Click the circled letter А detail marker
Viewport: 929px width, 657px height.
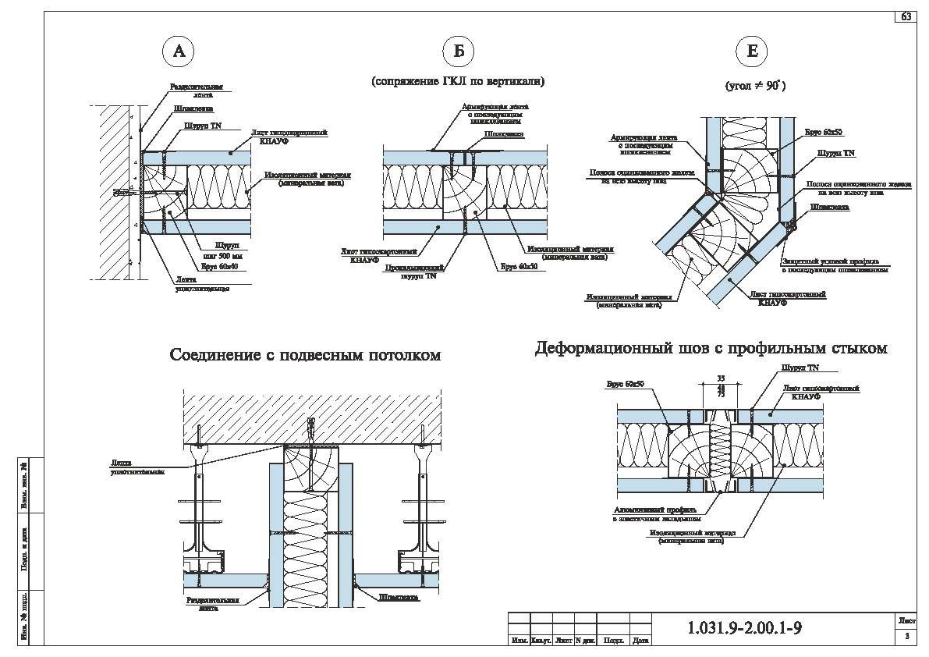click(x=179, y=51)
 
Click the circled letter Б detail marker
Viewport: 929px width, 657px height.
click(x=459, y=51)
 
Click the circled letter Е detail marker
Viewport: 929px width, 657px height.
click(x=752, y=51)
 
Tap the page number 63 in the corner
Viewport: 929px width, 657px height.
click(x=906, y=16)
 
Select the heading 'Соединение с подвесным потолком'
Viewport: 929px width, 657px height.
click(x=306, y=356)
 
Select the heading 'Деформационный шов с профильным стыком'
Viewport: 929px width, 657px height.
click(x=711, y=349)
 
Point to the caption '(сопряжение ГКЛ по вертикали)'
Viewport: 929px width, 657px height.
click(x=458, y=81)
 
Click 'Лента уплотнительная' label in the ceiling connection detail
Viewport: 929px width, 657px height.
click(x=137, y=467)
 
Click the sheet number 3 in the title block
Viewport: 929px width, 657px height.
click(x=906, y=637)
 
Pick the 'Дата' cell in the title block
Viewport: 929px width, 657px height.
click(x=640, y=641)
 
